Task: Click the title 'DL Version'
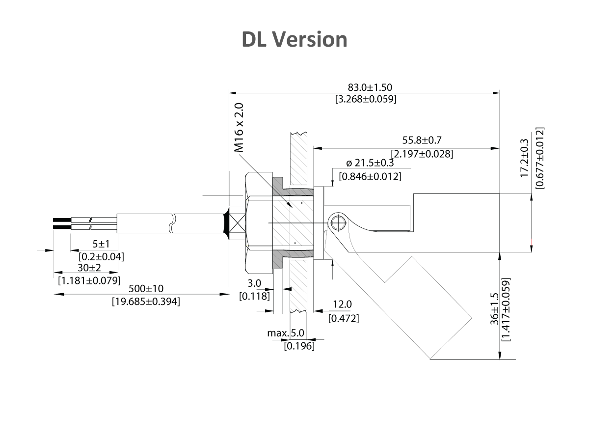point(294,39)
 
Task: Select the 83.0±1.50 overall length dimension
point(370,87)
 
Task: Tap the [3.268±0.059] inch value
point(366,99)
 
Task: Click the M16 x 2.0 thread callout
point(239,127)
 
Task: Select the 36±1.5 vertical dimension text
point(494,309)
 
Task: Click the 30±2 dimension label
point(88,268)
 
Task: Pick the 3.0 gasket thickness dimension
point(254,283)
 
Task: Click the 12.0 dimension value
point(342,305)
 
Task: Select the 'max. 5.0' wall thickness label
point(286,333)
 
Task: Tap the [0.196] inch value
point(299,346)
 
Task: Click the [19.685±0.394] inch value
point(146,301)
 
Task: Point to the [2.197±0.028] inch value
point(422,154)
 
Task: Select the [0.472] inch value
point(344,318)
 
